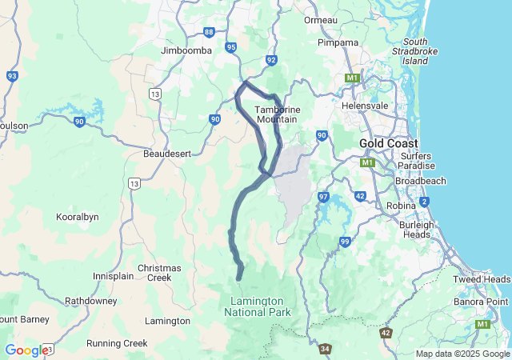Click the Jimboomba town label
pyautogui.click(x=186, y=50)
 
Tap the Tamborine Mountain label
pyautogui.click(x=277, y=114)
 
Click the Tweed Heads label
pyautogui.click(x=482, y=279)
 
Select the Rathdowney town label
pyautogui.click(x=91, y=301)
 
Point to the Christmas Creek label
pyautogui.click(x=160, y=273)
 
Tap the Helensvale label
pyautogui.click(x=365, y=105)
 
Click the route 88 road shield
pyautogui.click(x=209, y=32)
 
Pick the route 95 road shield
pyautogui.click(x=231, y=47)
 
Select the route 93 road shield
pyautogui.click(x=12, y=76)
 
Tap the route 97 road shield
pyautogui.click(x=323, y=197)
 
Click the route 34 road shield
pyautogui.click(x=325, y=349)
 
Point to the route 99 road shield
pyautogui.click(x=345, y=242)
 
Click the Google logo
pyautogui.click(x=26, y=350)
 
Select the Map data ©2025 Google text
pyautogui.click(x=462, y=354)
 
